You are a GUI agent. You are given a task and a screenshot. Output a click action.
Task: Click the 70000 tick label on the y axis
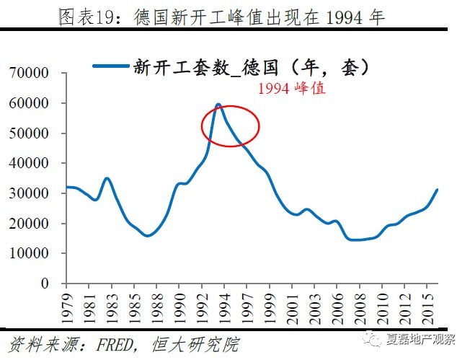pyautogui.click(x=33, y=73)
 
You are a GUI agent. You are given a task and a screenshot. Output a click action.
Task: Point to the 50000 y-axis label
pyautogui.click(x=33, y=133)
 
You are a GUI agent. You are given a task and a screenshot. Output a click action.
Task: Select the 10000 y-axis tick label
pyautogui.click(x=33, y=254)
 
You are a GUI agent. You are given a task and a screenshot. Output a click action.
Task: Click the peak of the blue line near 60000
pyautogui.click(x=218, y=104)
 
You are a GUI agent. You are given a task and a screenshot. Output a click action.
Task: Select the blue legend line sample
pyautogui.click(x=111, y=67)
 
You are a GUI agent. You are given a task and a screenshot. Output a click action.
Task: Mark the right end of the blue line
pyautogui.click(x=437, y=190)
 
